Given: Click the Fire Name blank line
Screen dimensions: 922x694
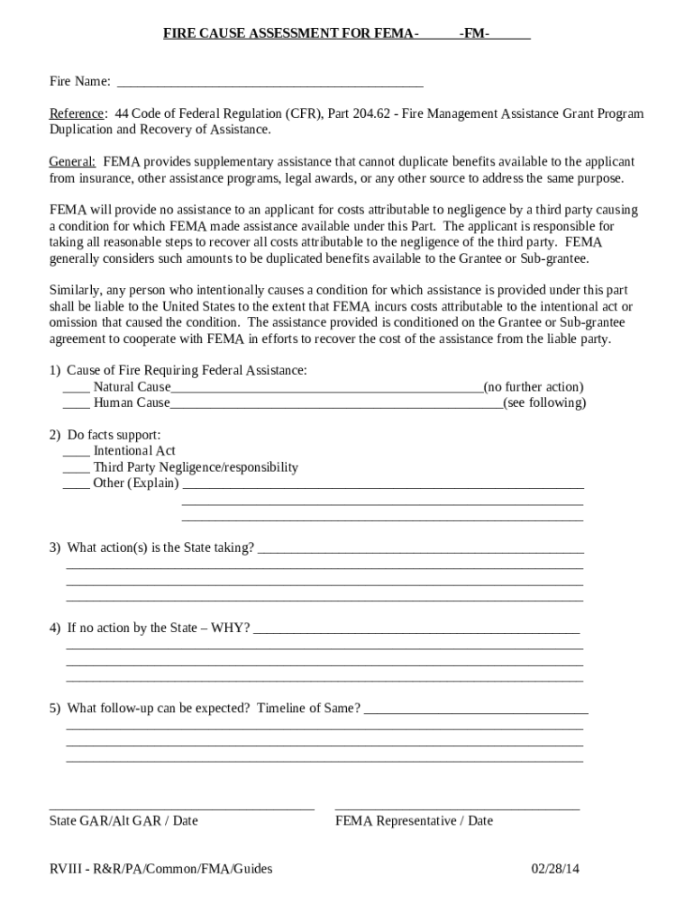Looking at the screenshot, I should click(x=270, y=85).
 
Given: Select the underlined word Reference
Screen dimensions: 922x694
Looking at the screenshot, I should click(x=77, y=114).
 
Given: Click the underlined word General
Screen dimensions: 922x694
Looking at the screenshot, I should click(x=72, y=162).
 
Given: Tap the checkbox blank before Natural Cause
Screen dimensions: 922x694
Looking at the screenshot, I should click(x=76, y=389).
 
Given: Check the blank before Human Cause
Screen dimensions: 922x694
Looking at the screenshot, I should click(x=76, y=405).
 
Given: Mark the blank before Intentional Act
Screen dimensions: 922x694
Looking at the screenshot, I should click(x=76, y=453).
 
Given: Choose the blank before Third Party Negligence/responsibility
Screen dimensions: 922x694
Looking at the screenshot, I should click(x=76, y=469).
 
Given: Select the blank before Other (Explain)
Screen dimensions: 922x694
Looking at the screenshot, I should click(x=76, y=485).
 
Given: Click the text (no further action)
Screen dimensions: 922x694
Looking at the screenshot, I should click(x=534, y=387).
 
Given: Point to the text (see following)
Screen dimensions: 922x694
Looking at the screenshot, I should click(x=544, y=403).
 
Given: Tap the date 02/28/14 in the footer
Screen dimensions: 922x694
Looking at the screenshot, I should click(x=556, y=869).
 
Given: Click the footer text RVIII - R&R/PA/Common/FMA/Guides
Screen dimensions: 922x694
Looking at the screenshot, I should click(x=160, y=869).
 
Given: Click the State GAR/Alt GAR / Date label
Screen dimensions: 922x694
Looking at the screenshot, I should click(x=123, y=821).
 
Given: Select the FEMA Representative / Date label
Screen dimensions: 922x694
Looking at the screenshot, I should click(x=414, y=821).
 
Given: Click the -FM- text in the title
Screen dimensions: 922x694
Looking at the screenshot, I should click(x=474, y=34).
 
